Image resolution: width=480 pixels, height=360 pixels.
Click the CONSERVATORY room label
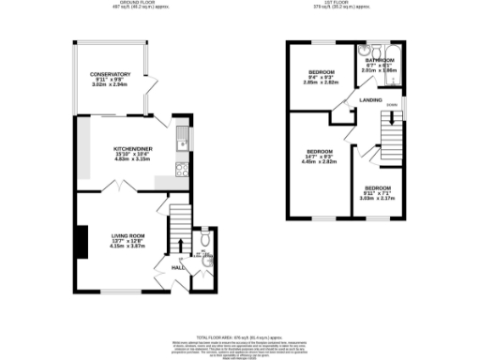(110, 75)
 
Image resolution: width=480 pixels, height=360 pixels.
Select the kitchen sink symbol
(187, 142)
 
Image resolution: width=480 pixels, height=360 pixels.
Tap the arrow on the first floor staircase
(393, 122)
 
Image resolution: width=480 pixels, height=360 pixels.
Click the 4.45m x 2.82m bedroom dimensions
(320, 160)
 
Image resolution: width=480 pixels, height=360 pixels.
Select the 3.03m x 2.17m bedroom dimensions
(379, 197)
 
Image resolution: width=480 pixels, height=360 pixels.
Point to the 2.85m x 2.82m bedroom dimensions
(322, 82)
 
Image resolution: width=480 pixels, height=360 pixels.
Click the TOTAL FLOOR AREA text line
(236, 336)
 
